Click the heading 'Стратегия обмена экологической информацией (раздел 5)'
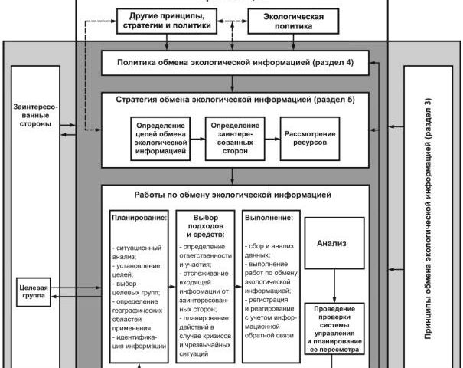[x=234, y=100]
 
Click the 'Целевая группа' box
[x=31, y=291]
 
